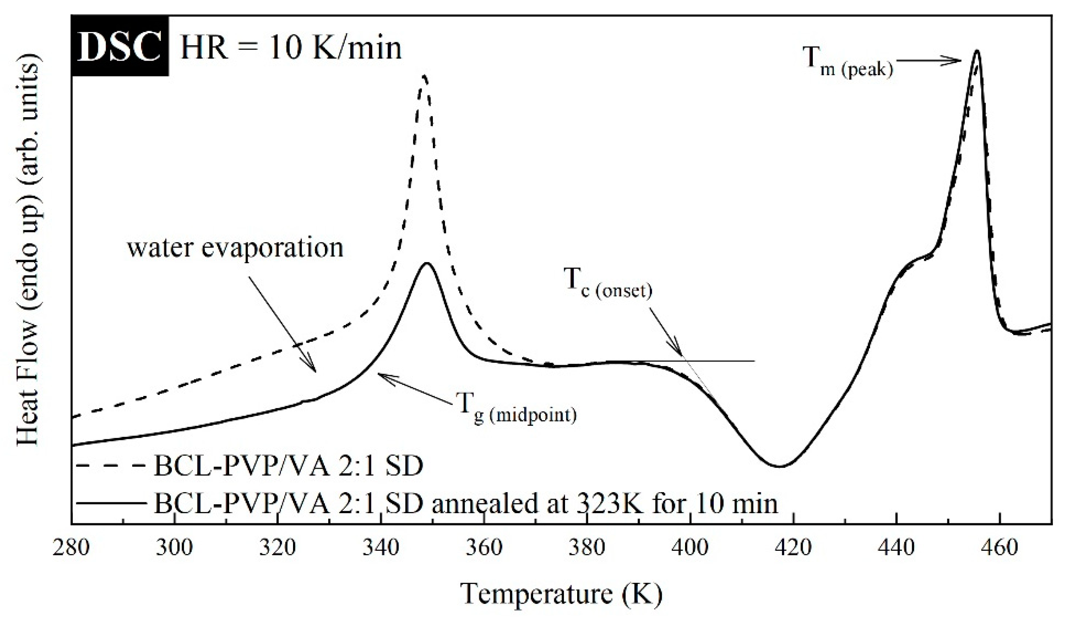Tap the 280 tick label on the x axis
(x=71, y=548)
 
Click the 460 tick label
(x=1000, y=548)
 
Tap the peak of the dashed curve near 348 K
(x=424, y=76)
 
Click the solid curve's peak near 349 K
(x=426, y=264)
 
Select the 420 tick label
(x=793, y=548)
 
